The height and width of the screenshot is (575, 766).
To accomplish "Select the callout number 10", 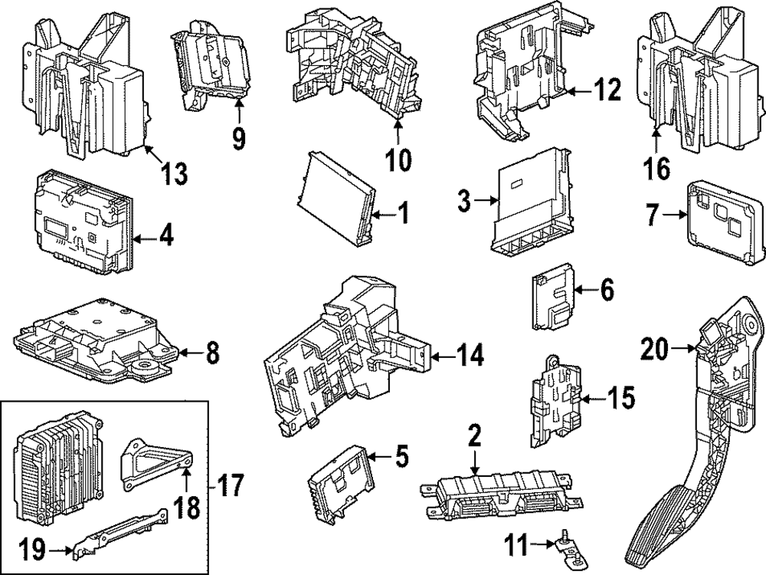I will coord(398,159).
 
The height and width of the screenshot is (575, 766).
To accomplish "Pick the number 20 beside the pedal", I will coord(656,350).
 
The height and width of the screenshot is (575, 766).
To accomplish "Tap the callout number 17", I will coord(231,485).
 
